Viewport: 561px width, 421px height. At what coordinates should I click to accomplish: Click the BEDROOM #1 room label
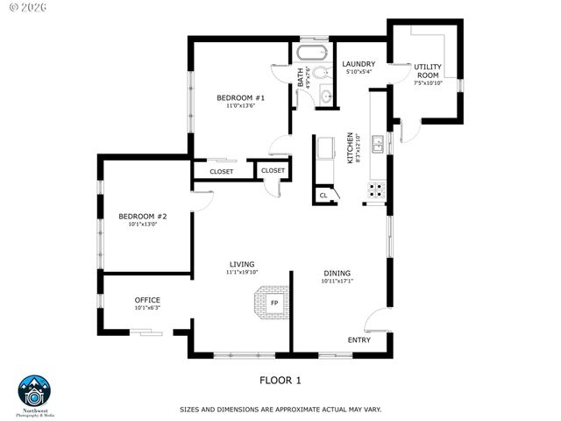(x=234, y=97)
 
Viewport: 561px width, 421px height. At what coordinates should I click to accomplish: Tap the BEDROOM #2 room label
(x=143, y=216)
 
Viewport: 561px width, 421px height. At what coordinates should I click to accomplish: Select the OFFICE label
(x=147, y=300)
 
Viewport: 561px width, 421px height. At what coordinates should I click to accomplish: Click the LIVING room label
(x=242, y=264)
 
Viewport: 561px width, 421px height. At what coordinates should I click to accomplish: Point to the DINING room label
(x=337, y=273)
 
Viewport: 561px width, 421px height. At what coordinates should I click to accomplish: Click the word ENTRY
(x=359, y=339)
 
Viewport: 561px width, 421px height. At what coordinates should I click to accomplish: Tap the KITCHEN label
(x=350, y=148)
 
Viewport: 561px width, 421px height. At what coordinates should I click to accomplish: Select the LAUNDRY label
(x=359, y=64)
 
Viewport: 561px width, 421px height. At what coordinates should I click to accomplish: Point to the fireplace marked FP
(x=274, y=303)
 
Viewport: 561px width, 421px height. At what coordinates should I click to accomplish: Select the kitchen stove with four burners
(x=378, y=188)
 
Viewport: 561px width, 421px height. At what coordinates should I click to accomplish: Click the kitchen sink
(x=377, y=143)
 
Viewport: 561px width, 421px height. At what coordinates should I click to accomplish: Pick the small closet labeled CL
(x=323, y=195)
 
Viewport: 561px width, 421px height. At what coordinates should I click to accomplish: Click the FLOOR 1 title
(x=280, y=380)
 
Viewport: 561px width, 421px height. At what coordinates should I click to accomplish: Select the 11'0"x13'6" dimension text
(x=234, y=106)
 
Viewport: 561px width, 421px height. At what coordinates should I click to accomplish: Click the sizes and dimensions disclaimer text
(x=280, y=409)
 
